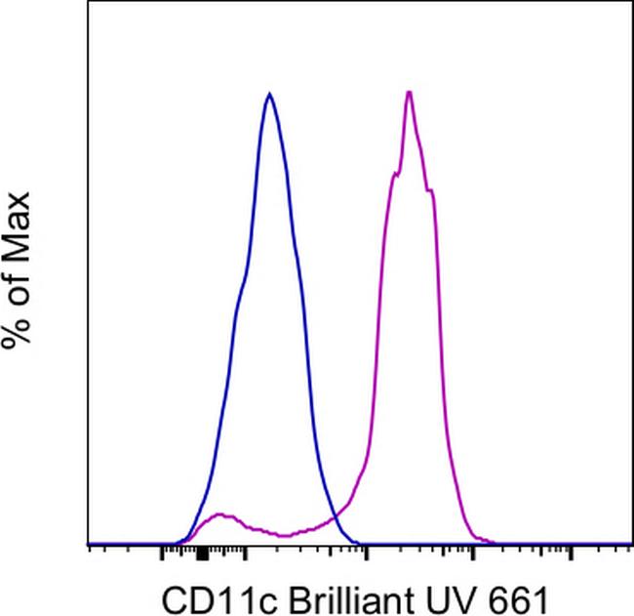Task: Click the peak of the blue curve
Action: coord(269,95)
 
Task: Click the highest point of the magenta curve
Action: coord(410,93)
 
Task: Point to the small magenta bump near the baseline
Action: coord(222,514)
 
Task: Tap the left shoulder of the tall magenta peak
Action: coord(394,175)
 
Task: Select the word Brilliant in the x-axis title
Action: coord(320,597)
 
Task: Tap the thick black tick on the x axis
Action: coord(202,554)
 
